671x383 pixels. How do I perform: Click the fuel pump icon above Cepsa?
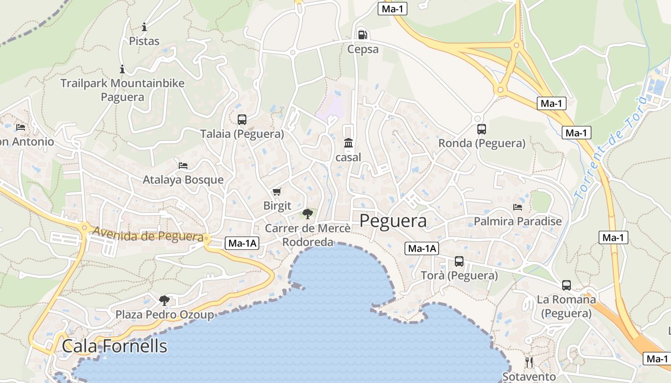point(363,34)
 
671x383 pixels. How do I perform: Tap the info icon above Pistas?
point(144,27)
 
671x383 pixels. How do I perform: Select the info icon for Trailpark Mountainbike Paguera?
point(122,69)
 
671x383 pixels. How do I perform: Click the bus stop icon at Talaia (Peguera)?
point(242,120)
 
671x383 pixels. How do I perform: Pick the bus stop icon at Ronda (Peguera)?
point(482,129)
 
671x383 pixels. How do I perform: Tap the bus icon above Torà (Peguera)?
point(459,261)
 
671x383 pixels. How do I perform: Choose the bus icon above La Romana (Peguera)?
point(567,285)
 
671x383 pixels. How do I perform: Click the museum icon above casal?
point(348,143)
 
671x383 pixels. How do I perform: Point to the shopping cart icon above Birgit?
point(277,192)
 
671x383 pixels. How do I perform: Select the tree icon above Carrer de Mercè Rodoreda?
point(307,214)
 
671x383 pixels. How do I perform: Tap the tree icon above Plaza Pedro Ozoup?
point(164,301)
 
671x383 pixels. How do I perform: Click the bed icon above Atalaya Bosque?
point(183,166)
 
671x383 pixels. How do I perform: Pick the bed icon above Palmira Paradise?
point(518,207)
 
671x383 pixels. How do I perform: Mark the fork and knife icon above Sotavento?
point(529,362)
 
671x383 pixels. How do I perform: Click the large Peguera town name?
point(393,221)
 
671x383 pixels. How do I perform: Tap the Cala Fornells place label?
point(115,346)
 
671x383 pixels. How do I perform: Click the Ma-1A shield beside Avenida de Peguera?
point(242,243)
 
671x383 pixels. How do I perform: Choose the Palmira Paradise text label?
point(518,221)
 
